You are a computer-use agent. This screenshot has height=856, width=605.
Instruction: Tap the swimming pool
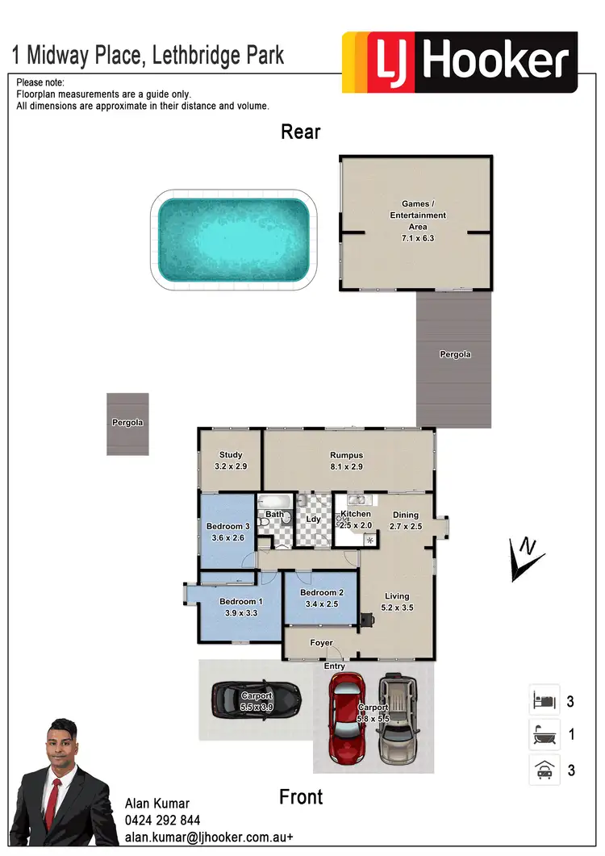pyautogui.click(x=232, y=239)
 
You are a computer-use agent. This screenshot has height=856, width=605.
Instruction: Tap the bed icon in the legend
pyautogui.click(x=543, y=700)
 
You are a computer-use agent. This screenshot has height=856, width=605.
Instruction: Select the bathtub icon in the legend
pyautogui.click(x=543, y=735)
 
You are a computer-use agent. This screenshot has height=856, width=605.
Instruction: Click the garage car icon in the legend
pyautogui.click(x=543, y=770)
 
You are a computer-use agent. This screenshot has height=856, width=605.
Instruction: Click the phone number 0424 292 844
pyautogui.click(x=162, y=821)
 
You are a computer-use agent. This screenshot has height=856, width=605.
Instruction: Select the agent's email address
pyautogui.click(x=208, y=837)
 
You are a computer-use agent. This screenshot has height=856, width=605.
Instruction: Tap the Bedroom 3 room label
pyautogui.click(x=227, y=527)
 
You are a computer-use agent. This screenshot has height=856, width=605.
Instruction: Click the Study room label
pyautogui.click(x=230, y=456)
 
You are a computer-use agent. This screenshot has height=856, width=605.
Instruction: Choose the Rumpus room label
pyautogui.click(x=346, y=456)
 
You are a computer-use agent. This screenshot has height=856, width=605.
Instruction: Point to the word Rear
pyautogui.click(x=301, y=132)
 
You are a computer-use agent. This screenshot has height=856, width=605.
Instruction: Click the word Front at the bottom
pyautogui.click(x=301, y=797)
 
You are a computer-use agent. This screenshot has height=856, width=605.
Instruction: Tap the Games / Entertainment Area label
pyautogui.click(x=417, y=215)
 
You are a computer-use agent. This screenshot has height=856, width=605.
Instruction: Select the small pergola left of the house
pyautogui.click(x=127, y=424)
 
